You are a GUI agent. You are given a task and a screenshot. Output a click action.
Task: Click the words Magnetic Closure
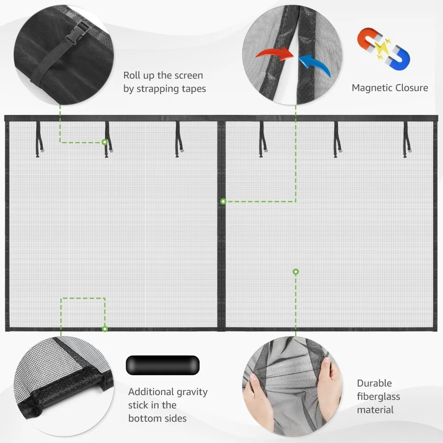tap(390, 88)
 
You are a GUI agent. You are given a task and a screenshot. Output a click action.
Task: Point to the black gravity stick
tap(163, 364)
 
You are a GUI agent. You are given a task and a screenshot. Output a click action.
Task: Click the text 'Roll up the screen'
tap(163, 75)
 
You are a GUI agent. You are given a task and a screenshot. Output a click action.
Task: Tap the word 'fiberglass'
tap(378, 396)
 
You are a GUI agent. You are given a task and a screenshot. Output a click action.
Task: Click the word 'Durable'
tap(374, 383)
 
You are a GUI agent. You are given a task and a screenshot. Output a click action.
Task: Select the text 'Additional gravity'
tap(168, 392)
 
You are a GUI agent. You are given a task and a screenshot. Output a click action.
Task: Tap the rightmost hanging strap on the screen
tap(406, 140)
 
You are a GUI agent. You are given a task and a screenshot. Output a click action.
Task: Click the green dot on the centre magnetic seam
tap(223, 202)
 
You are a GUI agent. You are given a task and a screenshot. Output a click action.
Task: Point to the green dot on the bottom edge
tap(105, 329)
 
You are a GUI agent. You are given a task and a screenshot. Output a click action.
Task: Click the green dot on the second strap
tap(105, 142)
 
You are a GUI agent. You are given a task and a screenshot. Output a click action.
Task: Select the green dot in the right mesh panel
tap(295, 271)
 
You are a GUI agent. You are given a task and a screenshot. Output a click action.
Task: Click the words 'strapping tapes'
tap(164, 89)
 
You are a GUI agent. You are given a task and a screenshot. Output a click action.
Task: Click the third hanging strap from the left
tap(178, 140)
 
